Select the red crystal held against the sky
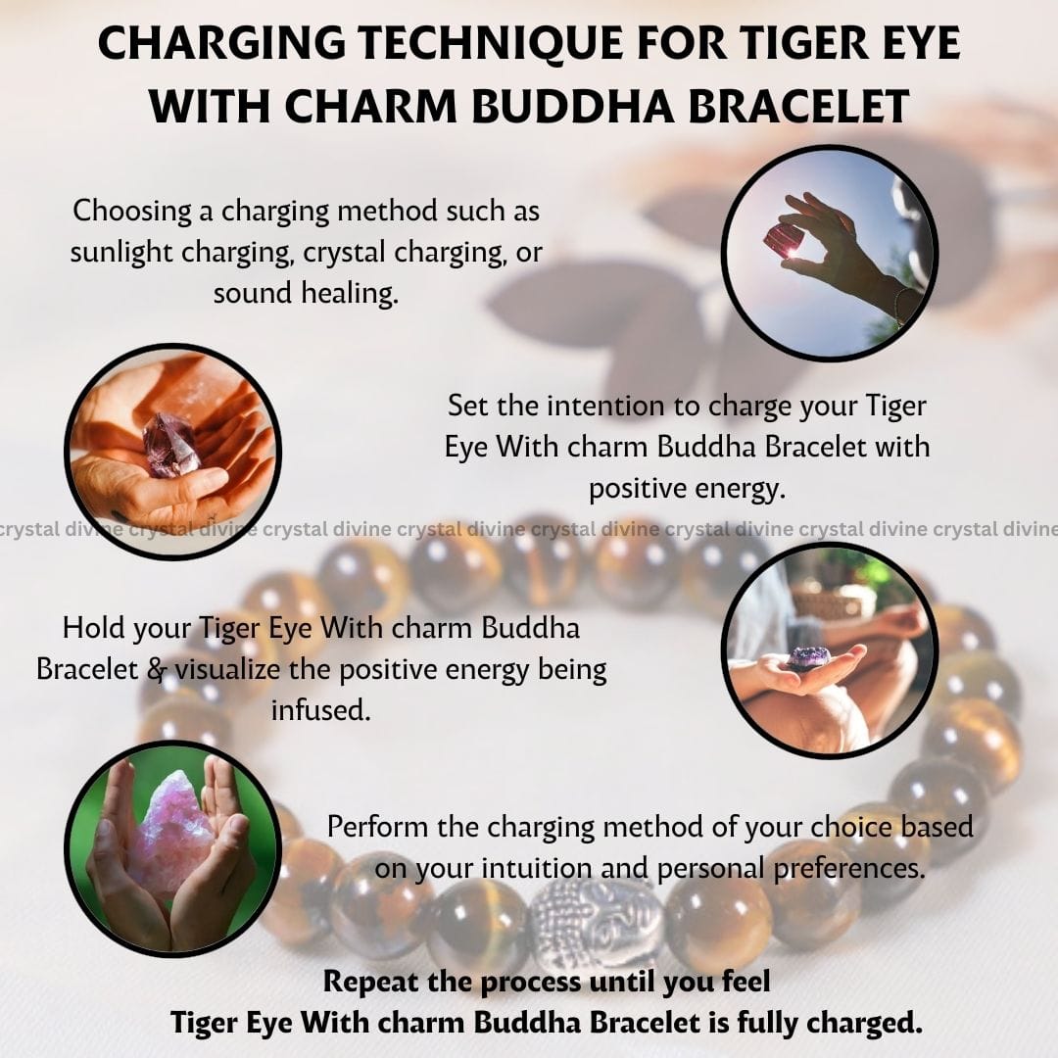coord(784,240)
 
